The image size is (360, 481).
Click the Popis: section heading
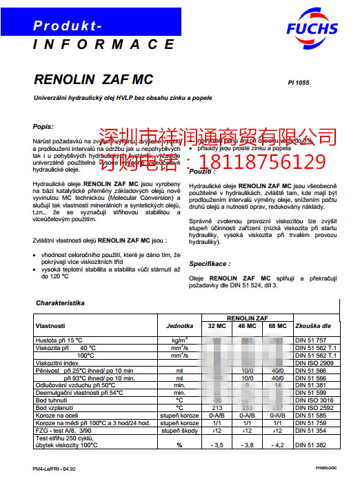pos(43,126)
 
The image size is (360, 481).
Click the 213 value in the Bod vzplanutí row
pos(217,408)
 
